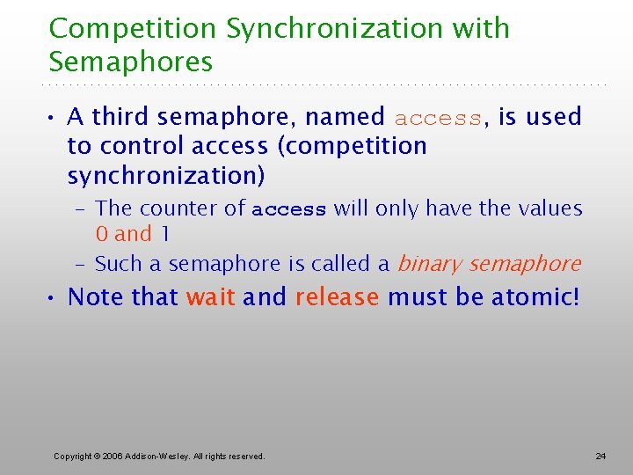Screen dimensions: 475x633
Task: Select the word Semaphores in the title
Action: click(131, 62)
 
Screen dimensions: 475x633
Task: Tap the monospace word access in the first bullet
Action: click(438, 118)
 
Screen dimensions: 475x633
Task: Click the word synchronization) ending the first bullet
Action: click(165, 176)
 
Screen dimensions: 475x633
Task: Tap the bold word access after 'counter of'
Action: click(288, 210)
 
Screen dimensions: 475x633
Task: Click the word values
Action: click(549, 208)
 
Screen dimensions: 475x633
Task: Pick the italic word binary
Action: click(430, 264)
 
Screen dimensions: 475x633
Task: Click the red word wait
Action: click(210, 297)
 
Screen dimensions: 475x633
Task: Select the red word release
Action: click(337, 297)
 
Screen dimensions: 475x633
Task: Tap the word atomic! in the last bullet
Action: click(535, 297)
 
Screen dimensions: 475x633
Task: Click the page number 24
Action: click(600, 457)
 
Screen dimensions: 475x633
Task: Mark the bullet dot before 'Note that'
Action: click(54, 298)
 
